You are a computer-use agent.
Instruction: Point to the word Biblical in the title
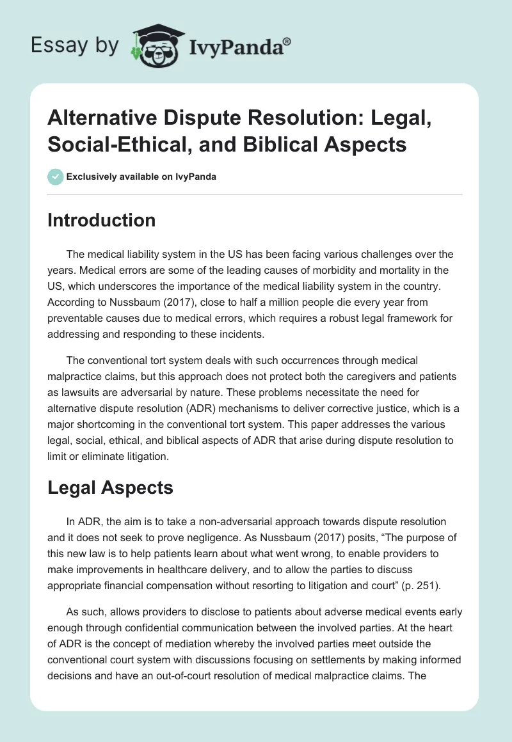click(x=285, y=145)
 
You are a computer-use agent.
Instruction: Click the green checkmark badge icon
click(x=56, y=177)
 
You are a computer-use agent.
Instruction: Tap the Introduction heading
click(x=102, y=220)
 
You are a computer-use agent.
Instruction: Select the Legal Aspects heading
click(x=110, y=487)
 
